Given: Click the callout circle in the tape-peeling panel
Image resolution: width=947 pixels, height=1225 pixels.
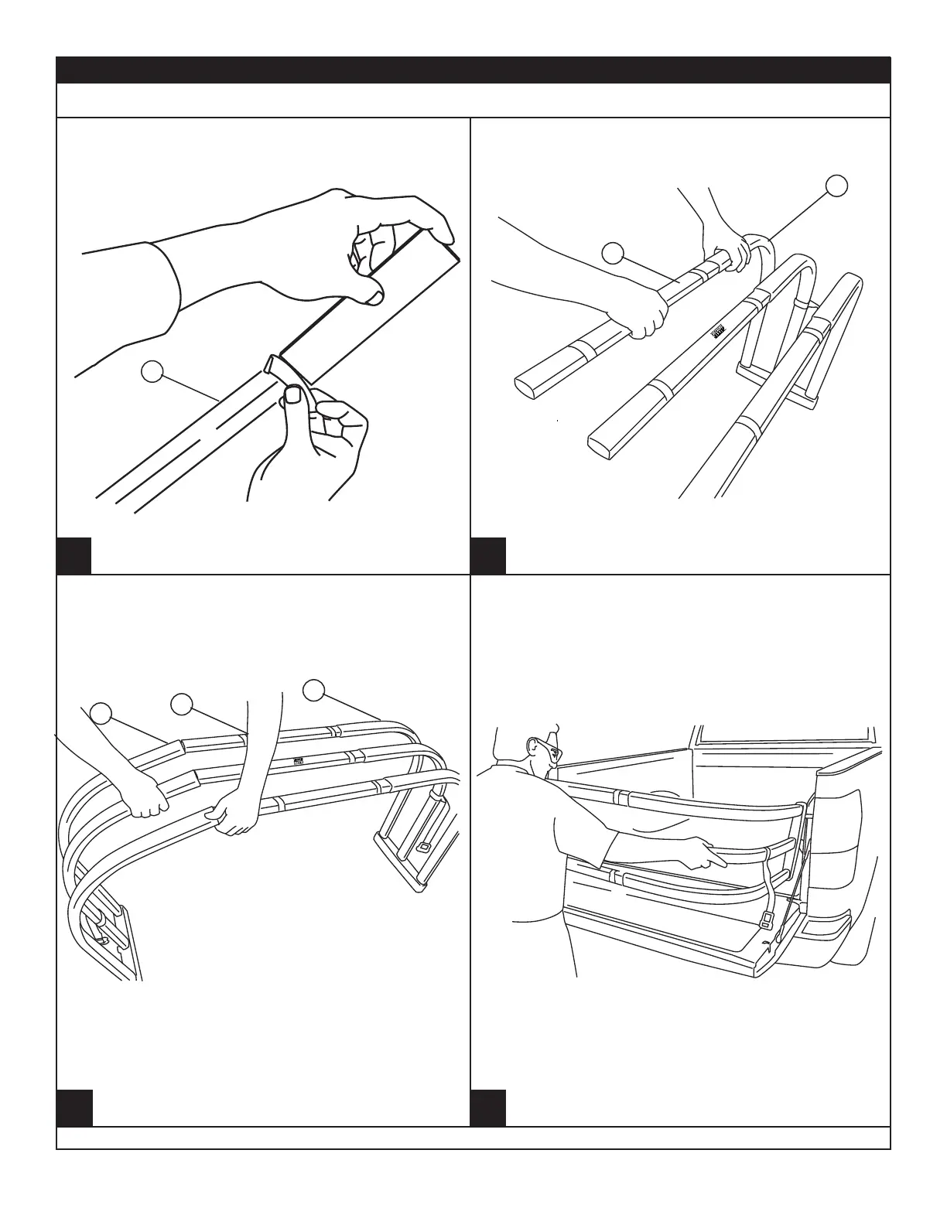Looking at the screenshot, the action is tap(152, 372).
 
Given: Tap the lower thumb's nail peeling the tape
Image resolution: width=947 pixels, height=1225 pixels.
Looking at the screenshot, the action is tap(294, 396).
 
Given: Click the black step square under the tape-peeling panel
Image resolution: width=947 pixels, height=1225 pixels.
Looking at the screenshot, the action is tap(74, 555).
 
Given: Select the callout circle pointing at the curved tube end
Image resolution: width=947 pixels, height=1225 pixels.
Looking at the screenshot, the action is tap(836, 186).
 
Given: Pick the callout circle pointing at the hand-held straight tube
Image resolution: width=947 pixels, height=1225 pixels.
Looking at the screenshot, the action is tap(613, 253).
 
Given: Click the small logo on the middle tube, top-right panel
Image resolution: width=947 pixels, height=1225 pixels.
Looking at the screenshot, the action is tap(717, 332).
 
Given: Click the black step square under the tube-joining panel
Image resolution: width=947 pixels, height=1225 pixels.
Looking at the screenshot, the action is tap(489, 555).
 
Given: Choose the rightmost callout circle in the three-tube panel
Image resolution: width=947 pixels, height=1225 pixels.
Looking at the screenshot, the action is tap(314, 690).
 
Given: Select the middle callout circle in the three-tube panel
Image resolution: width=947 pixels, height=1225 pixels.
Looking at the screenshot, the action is tap(182, 703).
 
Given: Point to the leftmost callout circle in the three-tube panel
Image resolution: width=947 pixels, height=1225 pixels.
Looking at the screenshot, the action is tap(101, 713).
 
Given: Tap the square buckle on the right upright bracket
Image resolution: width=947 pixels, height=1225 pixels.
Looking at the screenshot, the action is tap(423, 848).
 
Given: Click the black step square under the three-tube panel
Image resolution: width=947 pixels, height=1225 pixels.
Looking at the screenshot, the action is tap(74, 1107).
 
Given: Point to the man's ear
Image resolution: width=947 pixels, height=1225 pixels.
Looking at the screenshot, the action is tap(533, 747).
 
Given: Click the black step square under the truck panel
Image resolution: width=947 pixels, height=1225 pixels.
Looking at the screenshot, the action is tap(489, 1107).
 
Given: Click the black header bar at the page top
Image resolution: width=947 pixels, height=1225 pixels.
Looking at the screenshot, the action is tap(473, 70).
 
